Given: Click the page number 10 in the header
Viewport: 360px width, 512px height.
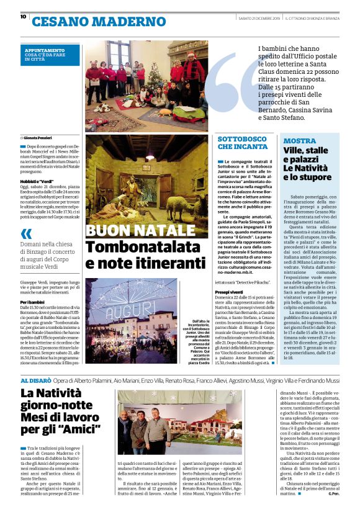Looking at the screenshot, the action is point(23,17).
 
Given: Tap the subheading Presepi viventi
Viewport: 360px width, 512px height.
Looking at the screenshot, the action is point(230,291).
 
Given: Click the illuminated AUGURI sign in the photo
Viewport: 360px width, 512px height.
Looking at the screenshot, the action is point(118,307).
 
